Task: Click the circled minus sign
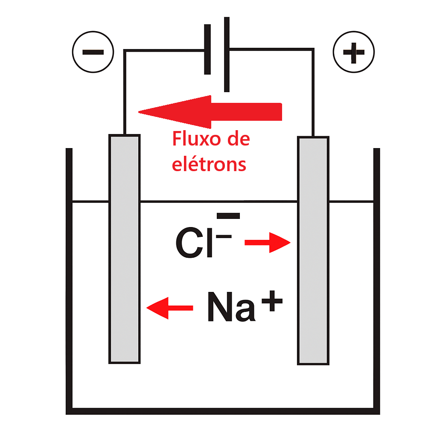pyautogui.click(x=93, y=52)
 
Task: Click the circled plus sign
pyautogui.click(x=354, y=52)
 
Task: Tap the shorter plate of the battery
pyautogui.click(x=207, y=50)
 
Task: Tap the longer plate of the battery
pyautogui.click(x=227, y=54)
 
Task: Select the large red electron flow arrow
pyautogui.click(x=210, y=112)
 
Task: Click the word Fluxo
pyautogui.click(x=197, y=139)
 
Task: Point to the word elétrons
pyautogui.click(x=209, y=164)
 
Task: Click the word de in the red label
pyautogui.click(x=239, y=139)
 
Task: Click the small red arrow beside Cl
pyautogui.click(x=268, y=242)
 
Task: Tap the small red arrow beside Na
pyautogui.click(x=170, y=308)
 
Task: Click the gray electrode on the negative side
pyautogui.click(x=124, y=249)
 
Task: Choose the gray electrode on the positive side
pyautogui.click(x=313, y=251)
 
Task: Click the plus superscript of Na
pyautogui.click(x=272, y=301)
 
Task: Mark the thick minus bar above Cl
pyautogui.click(x=228, y=216)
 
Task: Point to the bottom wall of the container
pyautogui.click(x=223, y=411)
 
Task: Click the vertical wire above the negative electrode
pyautogui.click(x=125, y=92)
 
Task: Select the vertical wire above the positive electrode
pyautogui.click(x=313, y=93)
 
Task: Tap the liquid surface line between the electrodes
pyautogui.click(x=219, y=201)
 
